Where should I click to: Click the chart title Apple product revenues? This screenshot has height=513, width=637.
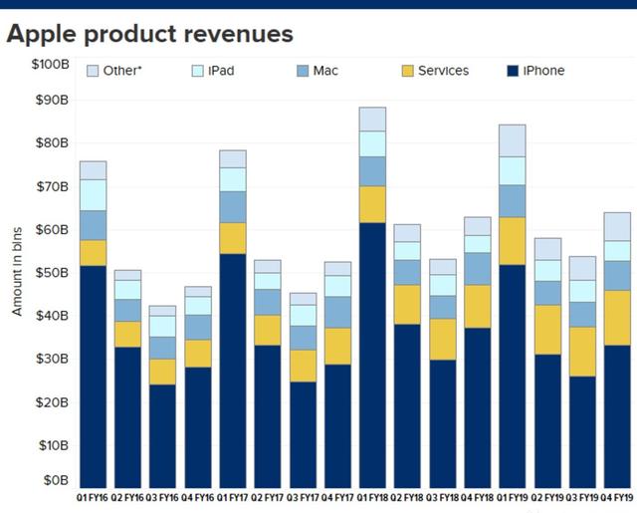[x=149, y=34]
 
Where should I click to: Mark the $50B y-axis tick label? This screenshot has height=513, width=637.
[x=50, y=272]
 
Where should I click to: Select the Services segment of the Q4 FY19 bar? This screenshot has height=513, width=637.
[x=617, y=318]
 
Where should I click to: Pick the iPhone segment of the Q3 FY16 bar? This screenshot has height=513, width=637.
[x=162, y=435]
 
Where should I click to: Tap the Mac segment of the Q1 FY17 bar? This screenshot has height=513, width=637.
[x=232, y=206]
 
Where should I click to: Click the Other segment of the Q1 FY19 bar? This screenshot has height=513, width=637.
[x=513, y=140]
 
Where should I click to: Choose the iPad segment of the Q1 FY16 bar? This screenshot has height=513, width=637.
[x=94, y=195]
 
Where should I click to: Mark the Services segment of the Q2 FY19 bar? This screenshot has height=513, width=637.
[x=547, y=330]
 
